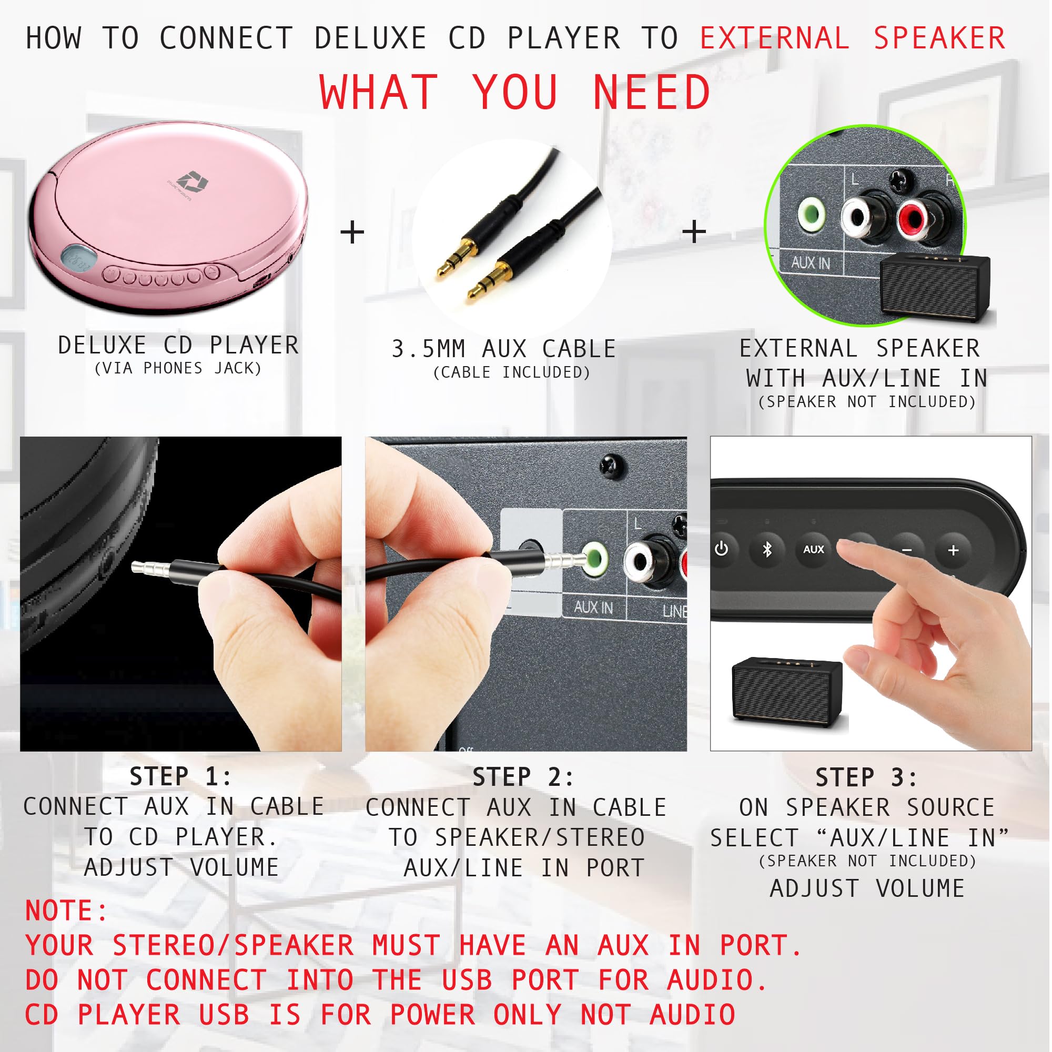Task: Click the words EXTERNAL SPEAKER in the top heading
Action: click(852, 38)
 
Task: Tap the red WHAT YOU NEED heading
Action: click(515, 93)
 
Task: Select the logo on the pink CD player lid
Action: click(191, 182)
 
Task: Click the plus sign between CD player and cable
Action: click(352, 232)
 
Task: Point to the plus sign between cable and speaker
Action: click(694, 232)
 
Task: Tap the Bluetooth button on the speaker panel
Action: click(767, 550)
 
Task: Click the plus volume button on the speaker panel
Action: click(953, 551)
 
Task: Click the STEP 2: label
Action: click(523, 777)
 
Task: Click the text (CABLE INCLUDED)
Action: click(512, 372)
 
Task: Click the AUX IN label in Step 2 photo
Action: click(593, 607)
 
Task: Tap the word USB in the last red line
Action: click(224, 1015)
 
